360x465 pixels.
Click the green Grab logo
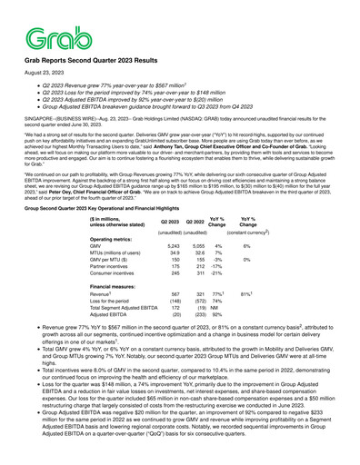point(46,35)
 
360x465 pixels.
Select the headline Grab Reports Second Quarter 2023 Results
point(96,57)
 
